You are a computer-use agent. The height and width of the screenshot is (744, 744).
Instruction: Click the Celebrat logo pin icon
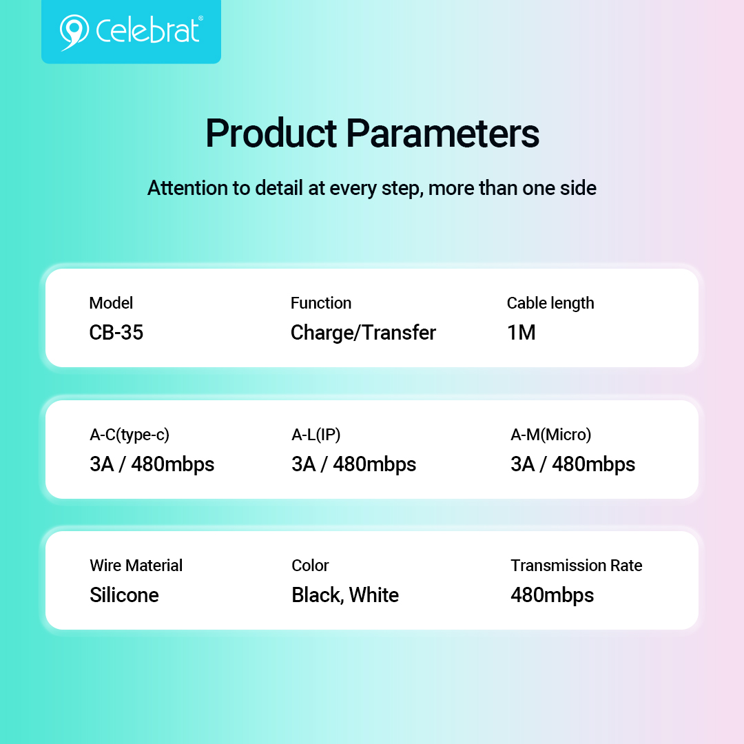[74, 32]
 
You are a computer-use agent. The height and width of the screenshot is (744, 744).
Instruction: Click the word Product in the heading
[271, 134]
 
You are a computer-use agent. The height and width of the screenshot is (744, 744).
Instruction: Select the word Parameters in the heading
[443, 134]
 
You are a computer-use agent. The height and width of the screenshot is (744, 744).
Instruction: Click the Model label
[111, 302]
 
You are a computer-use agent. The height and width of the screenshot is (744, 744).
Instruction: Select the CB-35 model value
[116, 332]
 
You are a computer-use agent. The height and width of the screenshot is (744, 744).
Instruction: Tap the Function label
[321, 302]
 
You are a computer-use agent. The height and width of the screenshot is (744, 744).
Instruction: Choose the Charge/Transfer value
[363, 333]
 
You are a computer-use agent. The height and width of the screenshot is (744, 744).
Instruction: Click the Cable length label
[550, 303]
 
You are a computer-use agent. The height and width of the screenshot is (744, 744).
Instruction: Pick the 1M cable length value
[521, 332]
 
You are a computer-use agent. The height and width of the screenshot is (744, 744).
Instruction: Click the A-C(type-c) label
[130, 435]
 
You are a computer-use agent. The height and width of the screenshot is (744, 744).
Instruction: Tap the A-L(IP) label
[316, 435]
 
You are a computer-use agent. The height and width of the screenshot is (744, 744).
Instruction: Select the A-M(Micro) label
[551, 435]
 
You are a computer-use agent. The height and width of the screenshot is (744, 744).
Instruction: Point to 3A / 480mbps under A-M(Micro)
[572, 464]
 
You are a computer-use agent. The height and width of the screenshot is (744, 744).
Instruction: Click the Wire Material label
[136, 565]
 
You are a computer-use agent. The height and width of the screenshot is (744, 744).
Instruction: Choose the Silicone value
[124, 595]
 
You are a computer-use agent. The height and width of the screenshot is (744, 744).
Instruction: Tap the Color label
[310, 565]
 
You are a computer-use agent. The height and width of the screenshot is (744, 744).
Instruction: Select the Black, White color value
[345, 595]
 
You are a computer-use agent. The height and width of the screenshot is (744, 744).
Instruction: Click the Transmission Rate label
[577, 565]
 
